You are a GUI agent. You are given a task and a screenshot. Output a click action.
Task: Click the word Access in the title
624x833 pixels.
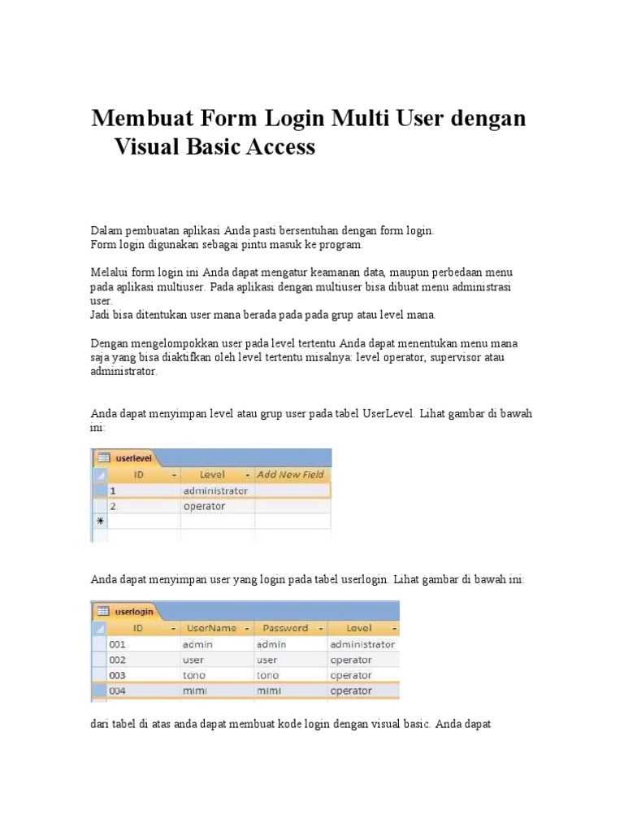274,147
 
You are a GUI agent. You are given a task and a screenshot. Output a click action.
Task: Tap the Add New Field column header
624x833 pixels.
290,474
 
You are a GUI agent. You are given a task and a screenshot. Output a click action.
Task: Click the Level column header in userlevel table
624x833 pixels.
213,474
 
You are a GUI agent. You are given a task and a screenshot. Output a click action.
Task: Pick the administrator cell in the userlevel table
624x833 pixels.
215,491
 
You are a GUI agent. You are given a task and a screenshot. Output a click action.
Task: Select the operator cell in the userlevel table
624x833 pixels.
204,506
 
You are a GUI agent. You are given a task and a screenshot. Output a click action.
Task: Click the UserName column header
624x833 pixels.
211,628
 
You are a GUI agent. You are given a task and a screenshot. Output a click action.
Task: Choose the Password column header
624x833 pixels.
285,628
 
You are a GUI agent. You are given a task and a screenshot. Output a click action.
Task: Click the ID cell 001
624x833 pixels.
119,643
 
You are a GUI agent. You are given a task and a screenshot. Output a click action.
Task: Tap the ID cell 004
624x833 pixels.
119,691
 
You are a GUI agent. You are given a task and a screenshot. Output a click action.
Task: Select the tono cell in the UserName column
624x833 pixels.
196,675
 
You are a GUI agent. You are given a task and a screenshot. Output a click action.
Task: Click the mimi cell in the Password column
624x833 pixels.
267,691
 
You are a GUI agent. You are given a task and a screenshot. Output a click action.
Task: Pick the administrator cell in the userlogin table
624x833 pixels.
362,643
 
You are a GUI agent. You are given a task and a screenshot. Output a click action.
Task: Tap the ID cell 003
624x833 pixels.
119,675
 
